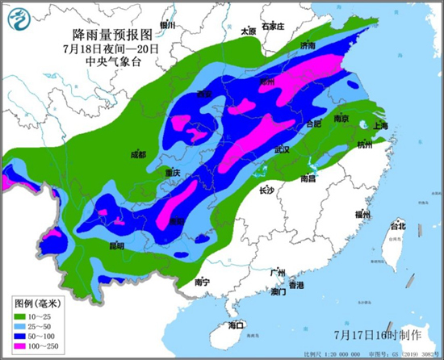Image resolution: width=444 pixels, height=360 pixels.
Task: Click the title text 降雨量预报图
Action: coord(112,36)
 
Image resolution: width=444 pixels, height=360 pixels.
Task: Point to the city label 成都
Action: coord(138,154)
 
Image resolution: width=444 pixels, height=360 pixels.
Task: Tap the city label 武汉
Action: coord(282,150)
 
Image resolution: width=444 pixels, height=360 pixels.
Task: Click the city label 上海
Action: coord(380,126)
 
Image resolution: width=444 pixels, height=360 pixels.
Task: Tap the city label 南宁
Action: coord(202,283)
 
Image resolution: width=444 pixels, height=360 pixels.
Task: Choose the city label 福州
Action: coord(362,216)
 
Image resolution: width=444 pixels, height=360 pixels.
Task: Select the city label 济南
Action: coord(308,46)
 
